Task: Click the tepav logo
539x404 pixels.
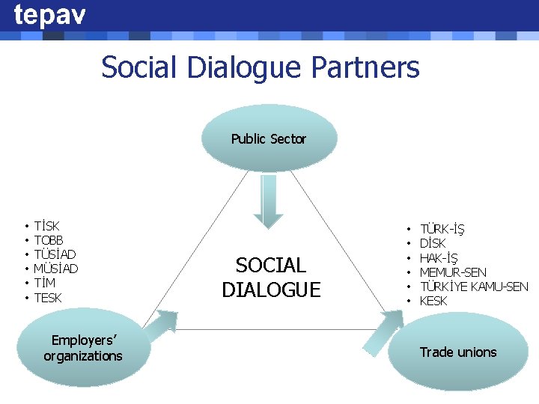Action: (49, 15)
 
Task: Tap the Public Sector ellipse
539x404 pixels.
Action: (269, 138)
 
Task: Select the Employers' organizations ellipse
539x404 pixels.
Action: (83, 349)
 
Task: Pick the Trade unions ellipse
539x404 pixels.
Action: (457, 352)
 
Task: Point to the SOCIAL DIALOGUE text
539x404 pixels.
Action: (271, 277)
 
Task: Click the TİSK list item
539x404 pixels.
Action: (47, 226)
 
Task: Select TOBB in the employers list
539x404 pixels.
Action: (49, 240)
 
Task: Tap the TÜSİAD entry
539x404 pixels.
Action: (55, 254)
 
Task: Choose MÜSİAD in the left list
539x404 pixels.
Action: (56, 269)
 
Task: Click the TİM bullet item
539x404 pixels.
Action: (45, 283)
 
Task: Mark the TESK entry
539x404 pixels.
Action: (48, 298)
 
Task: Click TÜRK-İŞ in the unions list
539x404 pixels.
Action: (441, 229)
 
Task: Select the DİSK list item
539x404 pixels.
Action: (433, 243)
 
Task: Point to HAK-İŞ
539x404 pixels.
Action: (439, 258)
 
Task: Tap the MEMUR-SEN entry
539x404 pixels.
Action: (453, 272)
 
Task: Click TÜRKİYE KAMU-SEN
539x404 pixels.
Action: (474, 287)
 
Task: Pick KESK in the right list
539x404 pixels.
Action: (433, 301)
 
